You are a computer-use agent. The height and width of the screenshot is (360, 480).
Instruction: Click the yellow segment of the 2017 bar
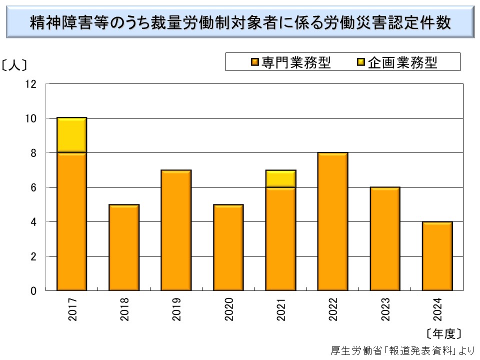72,135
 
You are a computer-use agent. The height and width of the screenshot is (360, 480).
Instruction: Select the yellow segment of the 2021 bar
280,178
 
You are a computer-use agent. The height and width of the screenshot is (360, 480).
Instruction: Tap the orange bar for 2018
124,247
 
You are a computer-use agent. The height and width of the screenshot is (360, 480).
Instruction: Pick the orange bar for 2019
176,230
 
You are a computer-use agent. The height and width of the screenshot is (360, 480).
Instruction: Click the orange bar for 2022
332,221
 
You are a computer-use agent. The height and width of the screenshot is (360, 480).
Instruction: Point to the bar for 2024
437,256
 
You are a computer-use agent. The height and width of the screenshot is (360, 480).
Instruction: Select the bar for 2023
385,238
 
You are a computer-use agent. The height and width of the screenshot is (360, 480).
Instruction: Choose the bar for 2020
228,247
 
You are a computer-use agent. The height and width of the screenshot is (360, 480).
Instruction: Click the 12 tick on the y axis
31,84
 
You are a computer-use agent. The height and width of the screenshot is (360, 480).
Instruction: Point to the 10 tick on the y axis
31,118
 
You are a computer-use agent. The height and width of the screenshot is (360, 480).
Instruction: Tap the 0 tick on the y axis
33,290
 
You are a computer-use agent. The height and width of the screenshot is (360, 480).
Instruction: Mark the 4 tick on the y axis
33,221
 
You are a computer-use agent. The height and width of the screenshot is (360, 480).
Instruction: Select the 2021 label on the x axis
281,309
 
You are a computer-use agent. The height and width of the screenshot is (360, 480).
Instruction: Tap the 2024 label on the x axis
437,309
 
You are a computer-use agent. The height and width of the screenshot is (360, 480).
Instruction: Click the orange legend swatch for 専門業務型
255,62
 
